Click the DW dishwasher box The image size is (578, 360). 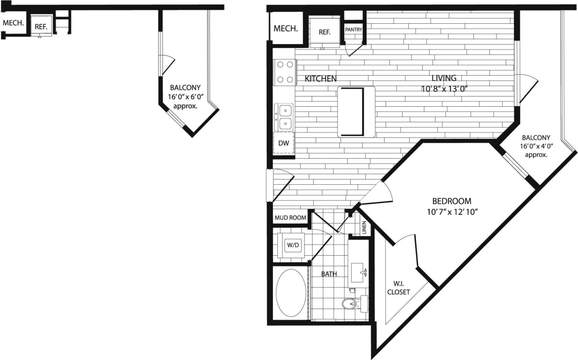pyautogui.click(x=284, y=143)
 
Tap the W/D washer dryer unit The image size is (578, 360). pyautogui.click(x=293, y=245)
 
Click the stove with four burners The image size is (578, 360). pyautogui.click(x=285, y=72)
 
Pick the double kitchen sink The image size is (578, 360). pyautogui.click(x=285, y=117)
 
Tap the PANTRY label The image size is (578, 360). pyautogui.click(x=353, y=30)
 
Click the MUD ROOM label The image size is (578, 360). pyautogui.click(x=290, y=218)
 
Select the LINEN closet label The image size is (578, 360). pyautogui.click(x=364, y=228)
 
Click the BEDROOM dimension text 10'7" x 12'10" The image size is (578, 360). pyautogui.click(x=451, y=212)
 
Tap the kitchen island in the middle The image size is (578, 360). pyautogui.click(x=356, y=112)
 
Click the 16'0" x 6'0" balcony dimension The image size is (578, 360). pyautogui.click(x=185, y=97)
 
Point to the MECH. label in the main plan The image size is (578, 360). pyautogui.click(x=286, y=29)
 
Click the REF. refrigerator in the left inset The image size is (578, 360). pyautogui.click(x=41, y=26)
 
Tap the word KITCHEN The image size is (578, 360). pyautogui.click(x=321, y=78)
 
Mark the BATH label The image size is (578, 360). pyautogui.click(x=329, y=274)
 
